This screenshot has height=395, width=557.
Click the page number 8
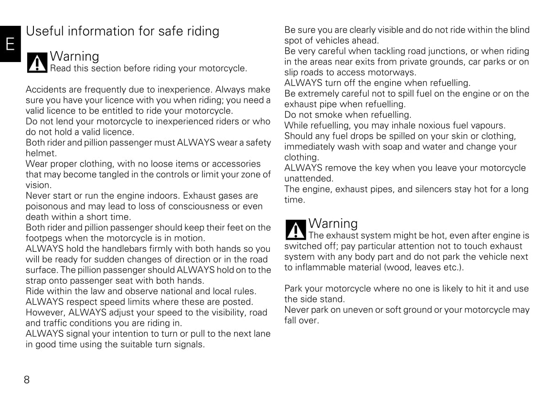(27, 380)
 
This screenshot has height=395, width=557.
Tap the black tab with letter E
(10, 44)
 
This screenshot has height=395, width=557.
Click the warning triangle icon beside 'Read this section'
(37, 63)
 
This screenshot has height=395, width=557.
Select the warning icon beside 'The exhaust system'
(296, 230)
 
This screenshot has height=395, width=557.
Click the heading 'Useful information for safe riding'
(123, 31)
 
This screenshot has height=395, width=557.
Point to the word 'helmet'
(41, 153)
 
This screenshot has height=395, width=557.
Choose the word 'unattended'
(309, 179)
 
